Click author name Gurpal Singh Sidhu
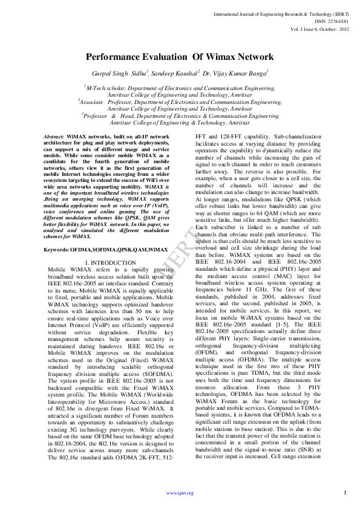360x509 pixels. coord(116,73)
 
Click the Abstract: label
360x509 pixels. coord(54,138)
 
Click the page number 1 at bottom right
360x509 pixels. coord(344,493)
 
